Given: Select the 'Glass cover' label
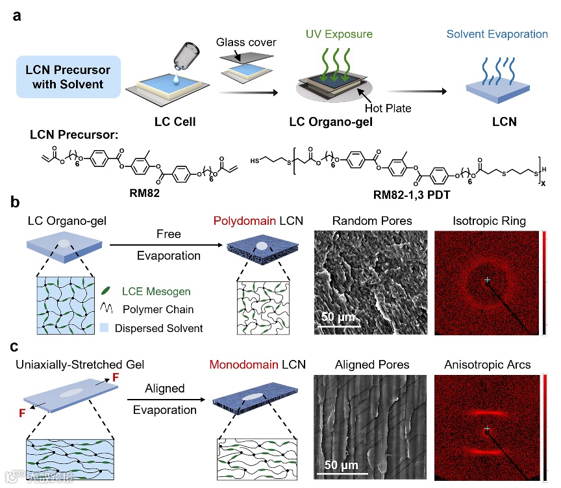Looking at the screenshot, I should [246, 42].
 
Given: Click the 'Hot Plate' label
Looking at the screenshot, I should [387, 108].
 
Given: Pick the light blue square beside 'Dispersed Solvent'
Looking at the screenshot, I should [105, 328].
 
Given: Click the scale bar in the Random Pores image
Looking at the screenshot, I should [343, 328].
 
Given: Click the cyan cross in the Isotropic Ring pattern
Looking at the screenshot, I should [487, 280].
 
